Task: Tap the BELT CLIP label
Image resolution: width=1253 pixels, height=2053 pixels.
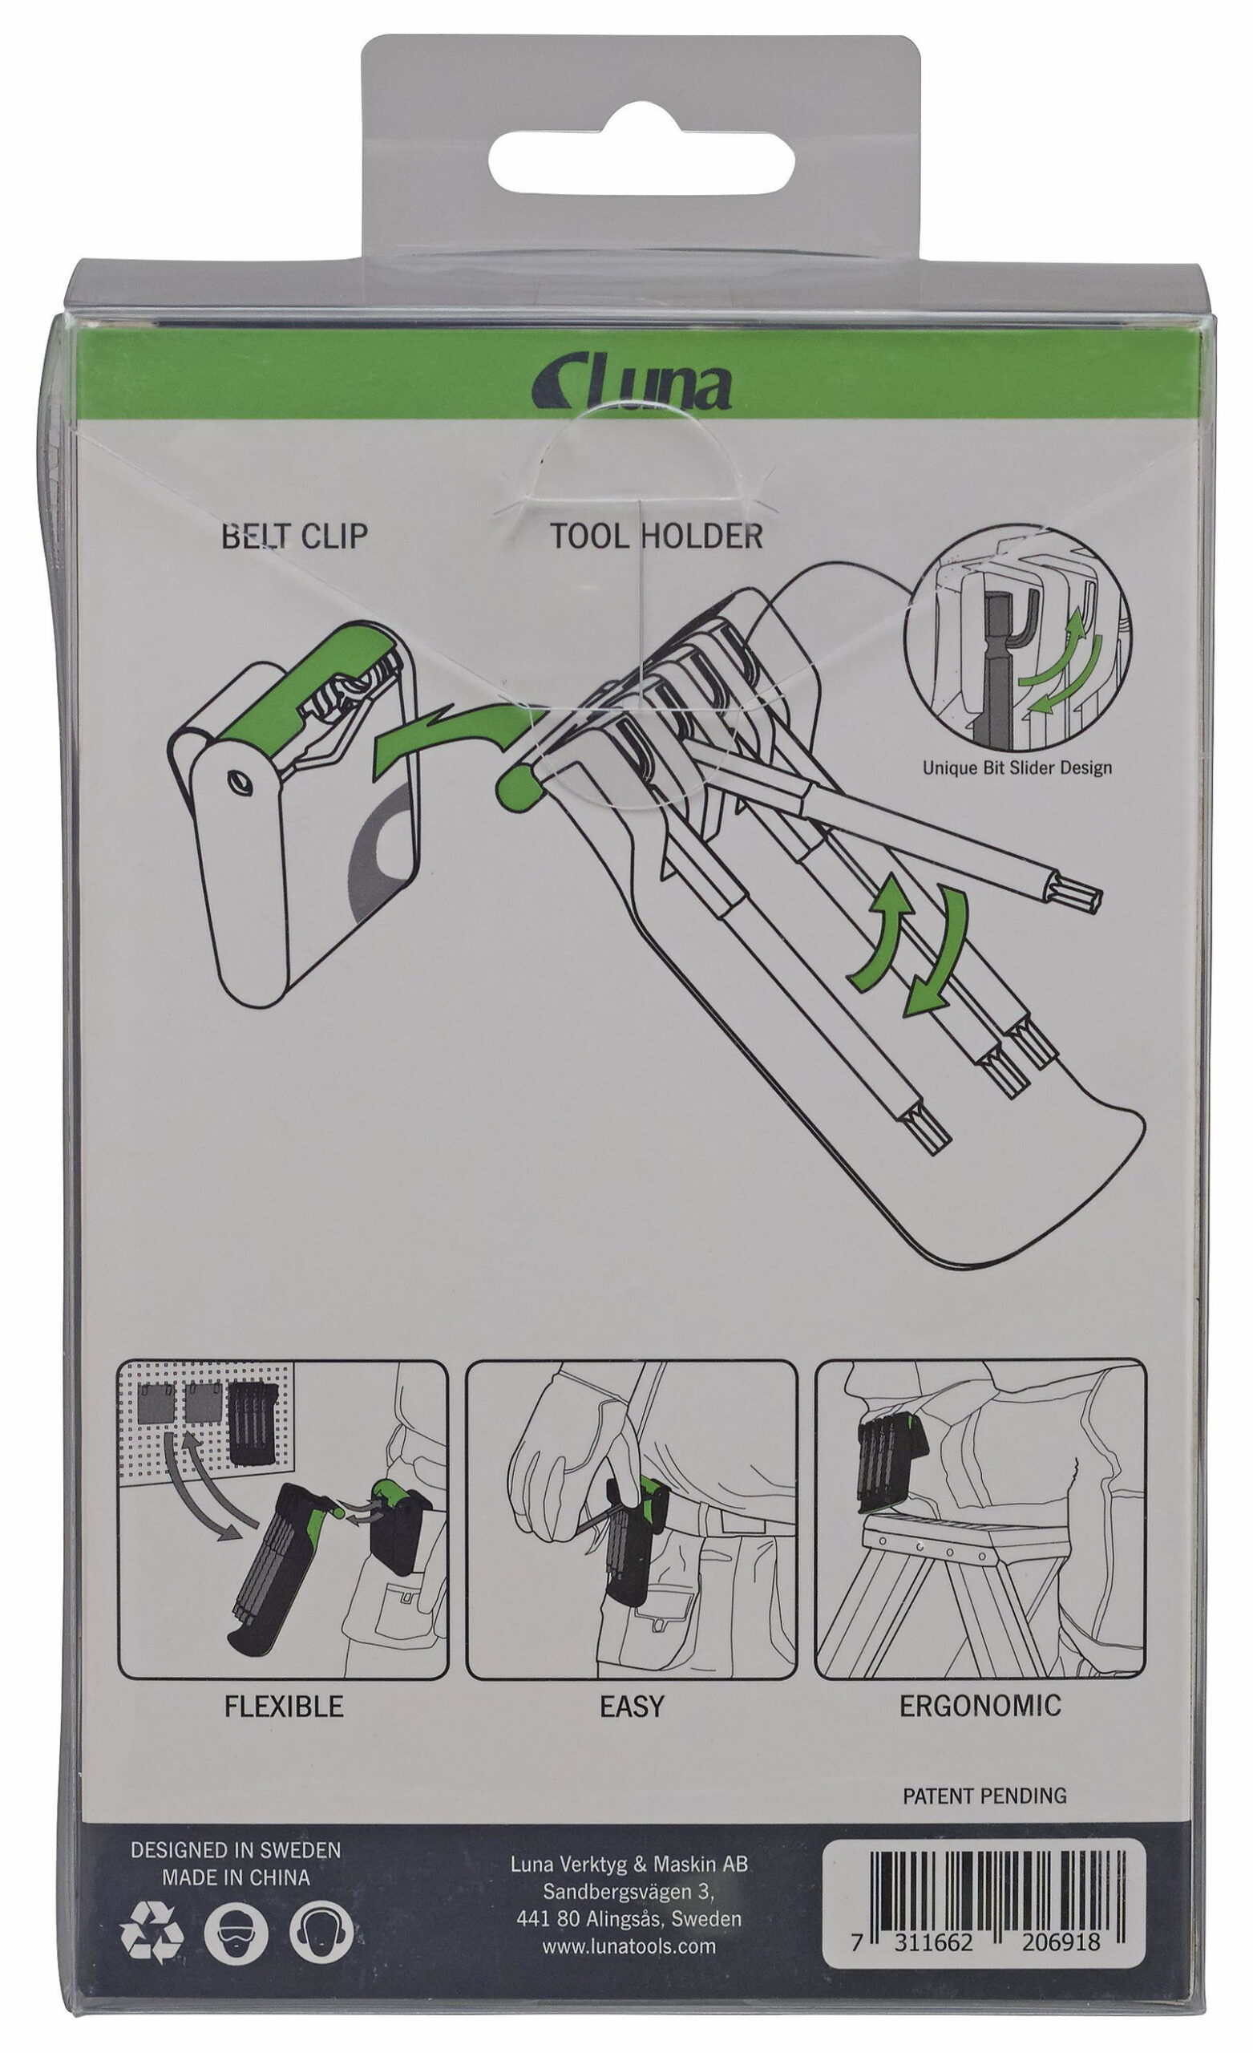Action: click(294, 536)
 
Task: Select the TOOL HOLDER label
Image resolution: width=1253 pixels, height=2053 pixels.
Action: click(656, 536)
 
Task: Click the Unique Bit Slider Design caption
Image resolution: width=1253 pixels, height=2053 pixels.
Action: click(1017, 767)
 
